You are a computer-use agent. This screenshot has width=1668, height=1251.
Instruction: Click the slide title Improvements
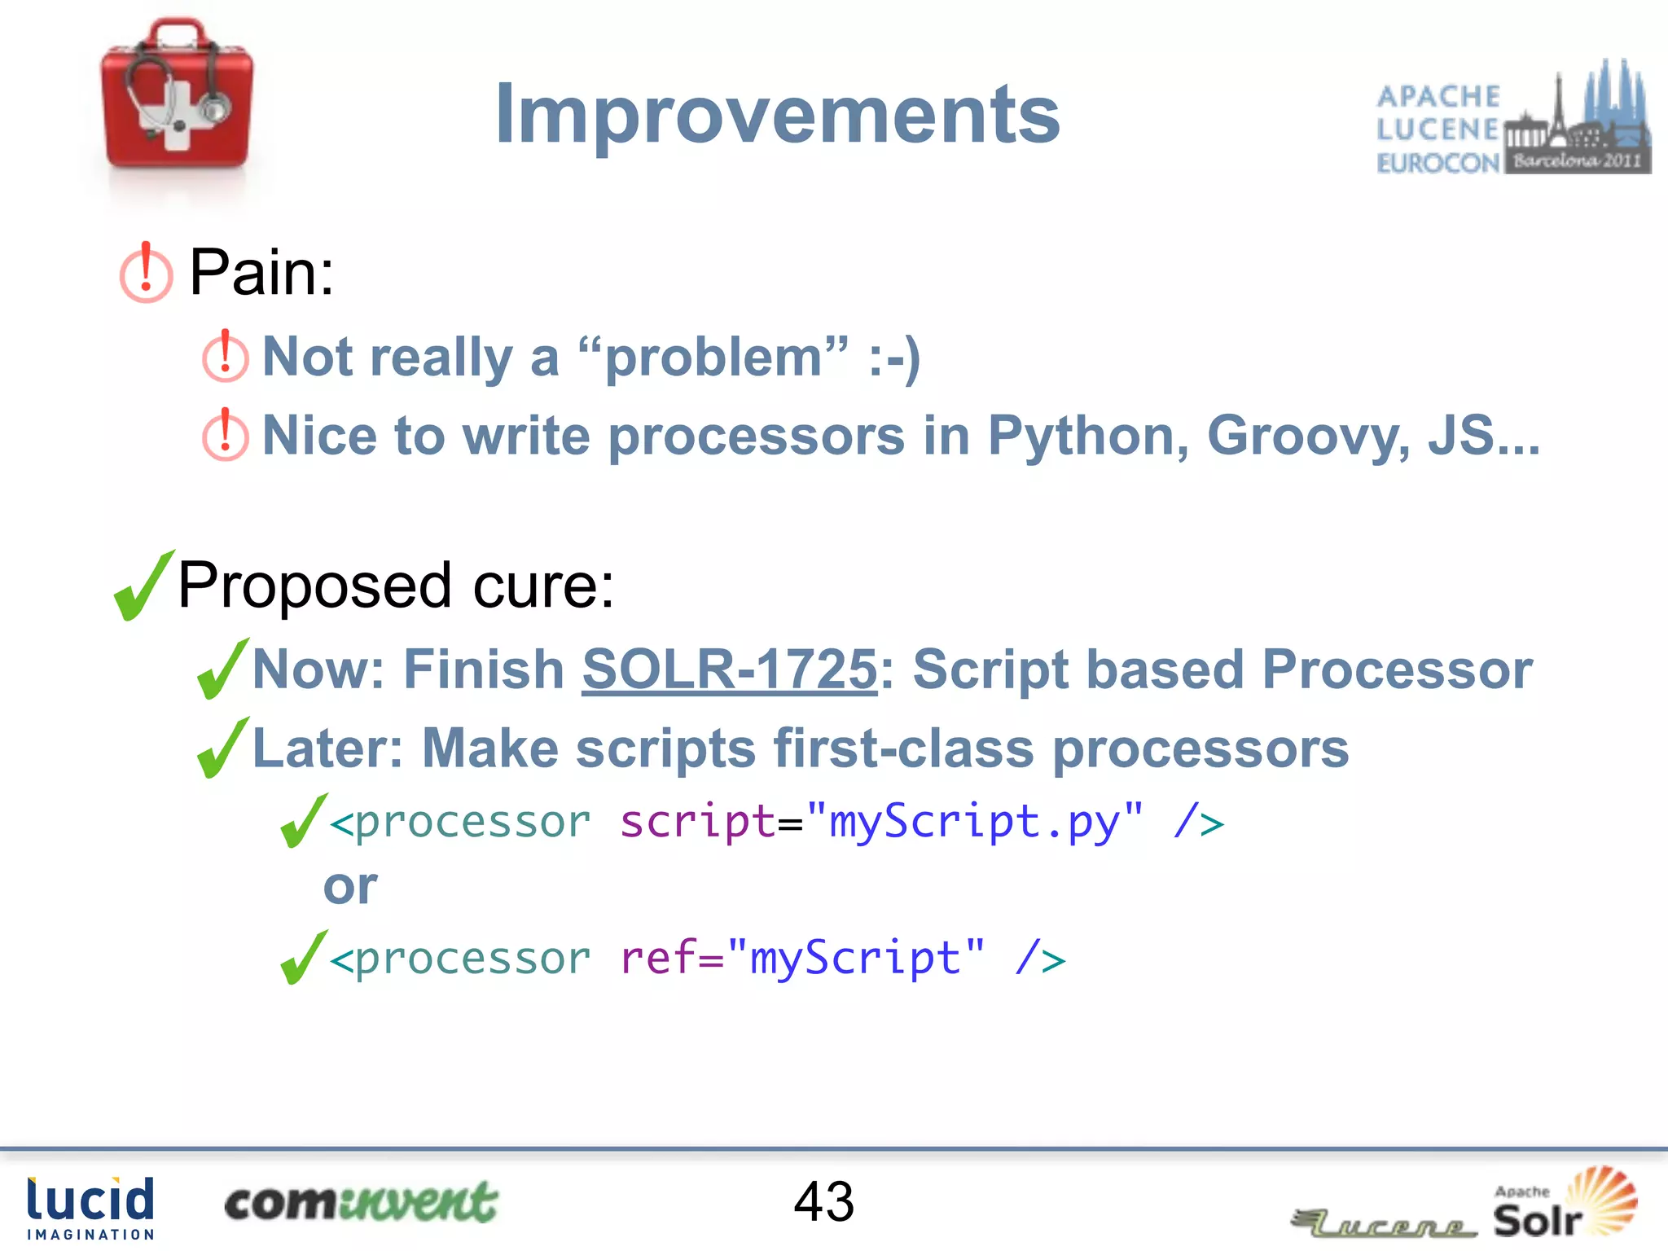click(x=777, y=115)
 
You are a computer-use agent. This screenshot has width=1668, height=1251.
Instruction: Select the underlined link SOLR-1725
click(x=729, y=669)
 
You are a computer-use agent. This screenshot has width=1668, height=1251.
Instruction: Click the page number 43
click(x=823, y=1201)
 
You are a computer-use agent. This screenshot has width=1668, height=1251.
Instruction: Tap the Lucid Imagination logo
click(x=90, y=1208)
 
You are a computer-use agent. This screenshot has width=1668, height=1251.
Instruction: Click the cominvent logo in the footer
click(x=361, y=1203)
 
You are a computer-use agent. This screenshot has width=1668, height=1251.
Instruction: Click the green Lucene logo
click(x=1385, y=1222)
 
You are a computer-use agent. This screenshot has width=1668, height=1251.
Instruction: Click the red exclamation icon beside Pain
click(x=146, y=273)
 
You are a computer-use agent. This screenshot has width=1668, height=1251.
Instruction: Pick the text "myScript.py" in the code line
click(x=974, y=821)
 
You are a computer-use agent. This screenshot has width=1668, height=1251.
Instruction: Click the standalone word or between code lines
click(x=350, y=886)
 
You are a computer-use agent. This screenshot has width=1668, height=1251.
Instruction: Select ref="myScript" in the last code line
click(x=801, y=958)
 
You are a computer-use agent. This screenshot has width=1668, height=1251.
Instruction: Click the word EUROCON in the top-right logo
click(x=1438, y=163)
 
